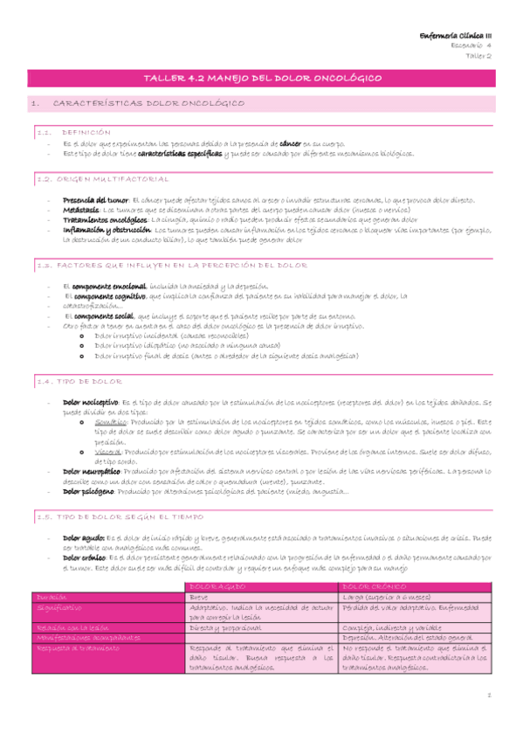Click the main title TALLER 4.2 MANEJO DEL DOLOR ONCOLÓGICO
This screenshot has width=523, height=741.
[261, 79]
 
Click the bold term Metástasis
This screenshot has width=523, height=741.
[81, 210]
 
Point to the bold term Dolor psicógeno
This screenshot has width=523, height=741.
[92, 491]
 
